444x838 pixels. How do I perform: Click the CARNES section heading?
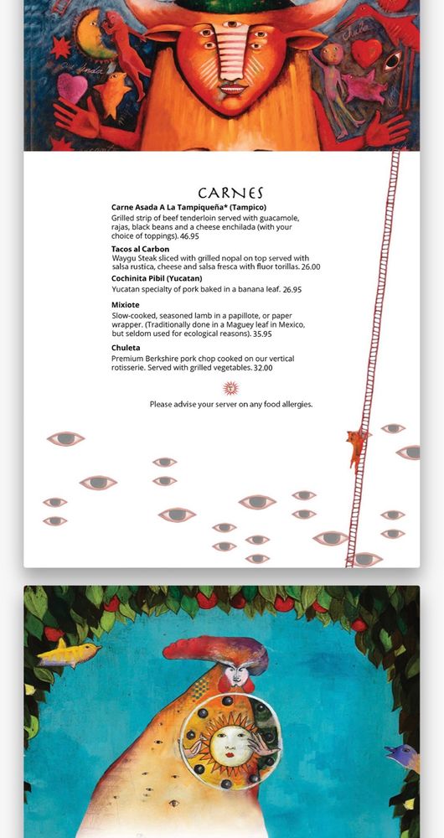(x=231, y=193)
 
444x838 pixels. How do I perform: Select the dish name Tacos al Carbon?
(x=140, y=249)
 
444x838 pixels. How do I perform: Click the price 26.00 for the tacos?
(x=311, y=266)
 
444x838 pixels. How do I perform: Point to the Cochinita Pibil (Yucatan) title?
(x=157, y=278)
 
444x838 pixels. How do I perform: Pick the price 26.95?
(x=292, y=290)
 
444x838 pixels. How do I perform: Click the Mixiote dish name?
(x=125, y=305)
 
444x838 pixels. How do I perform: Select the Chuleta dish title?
(x=126, y=348)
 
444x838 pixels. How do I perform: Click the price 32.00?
(x=263, y=368)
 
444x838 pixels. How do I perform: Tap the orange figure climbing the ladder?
(x=356, y=450)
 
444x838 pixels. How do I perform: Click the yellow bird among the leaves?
(x=69, y=652)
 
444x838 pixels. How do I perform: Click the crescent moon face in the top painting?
(x=88, y=34)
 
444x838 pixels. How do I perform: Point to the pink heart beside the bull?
(x=72, y=88)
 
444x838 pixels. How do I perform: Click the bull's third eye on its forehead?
(x=231, y=24)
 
